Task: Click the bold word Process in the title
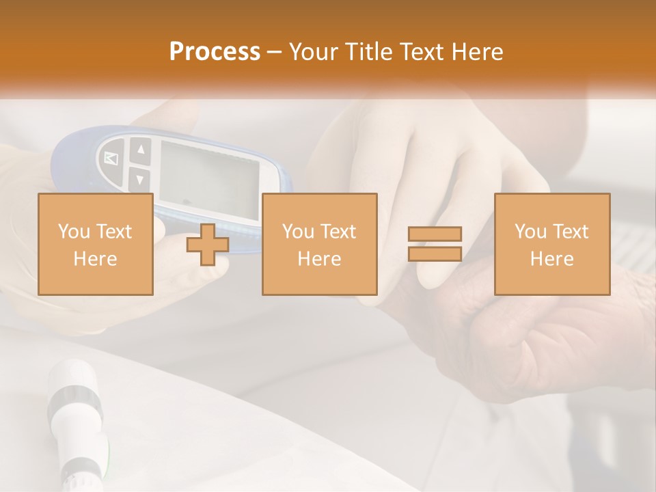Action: [x=215, y=51]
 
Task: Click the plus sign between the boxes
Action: [x=208, y=245]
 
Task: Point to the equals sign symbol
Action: [x=435, y=244]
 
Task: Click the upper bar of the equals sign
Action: [x=435, y=234]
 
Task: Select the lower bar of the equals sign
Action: [x=435, y=254]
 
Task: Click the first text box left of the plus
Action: [x=95, y=244]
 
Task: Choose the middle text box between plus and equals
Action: [x=319, y=244]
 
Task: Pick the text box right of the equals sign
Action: [x=551, y=244]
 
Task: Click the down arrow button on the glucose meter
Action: [x=139, y=180]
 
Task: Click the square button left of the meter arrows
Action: [x=112, y=159]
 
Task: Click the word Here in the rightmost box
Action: [x=551, y=258]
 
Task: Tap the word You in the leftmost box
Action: [x=73, y=232]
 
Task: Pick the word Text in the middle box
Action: [x=338, y=232]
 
